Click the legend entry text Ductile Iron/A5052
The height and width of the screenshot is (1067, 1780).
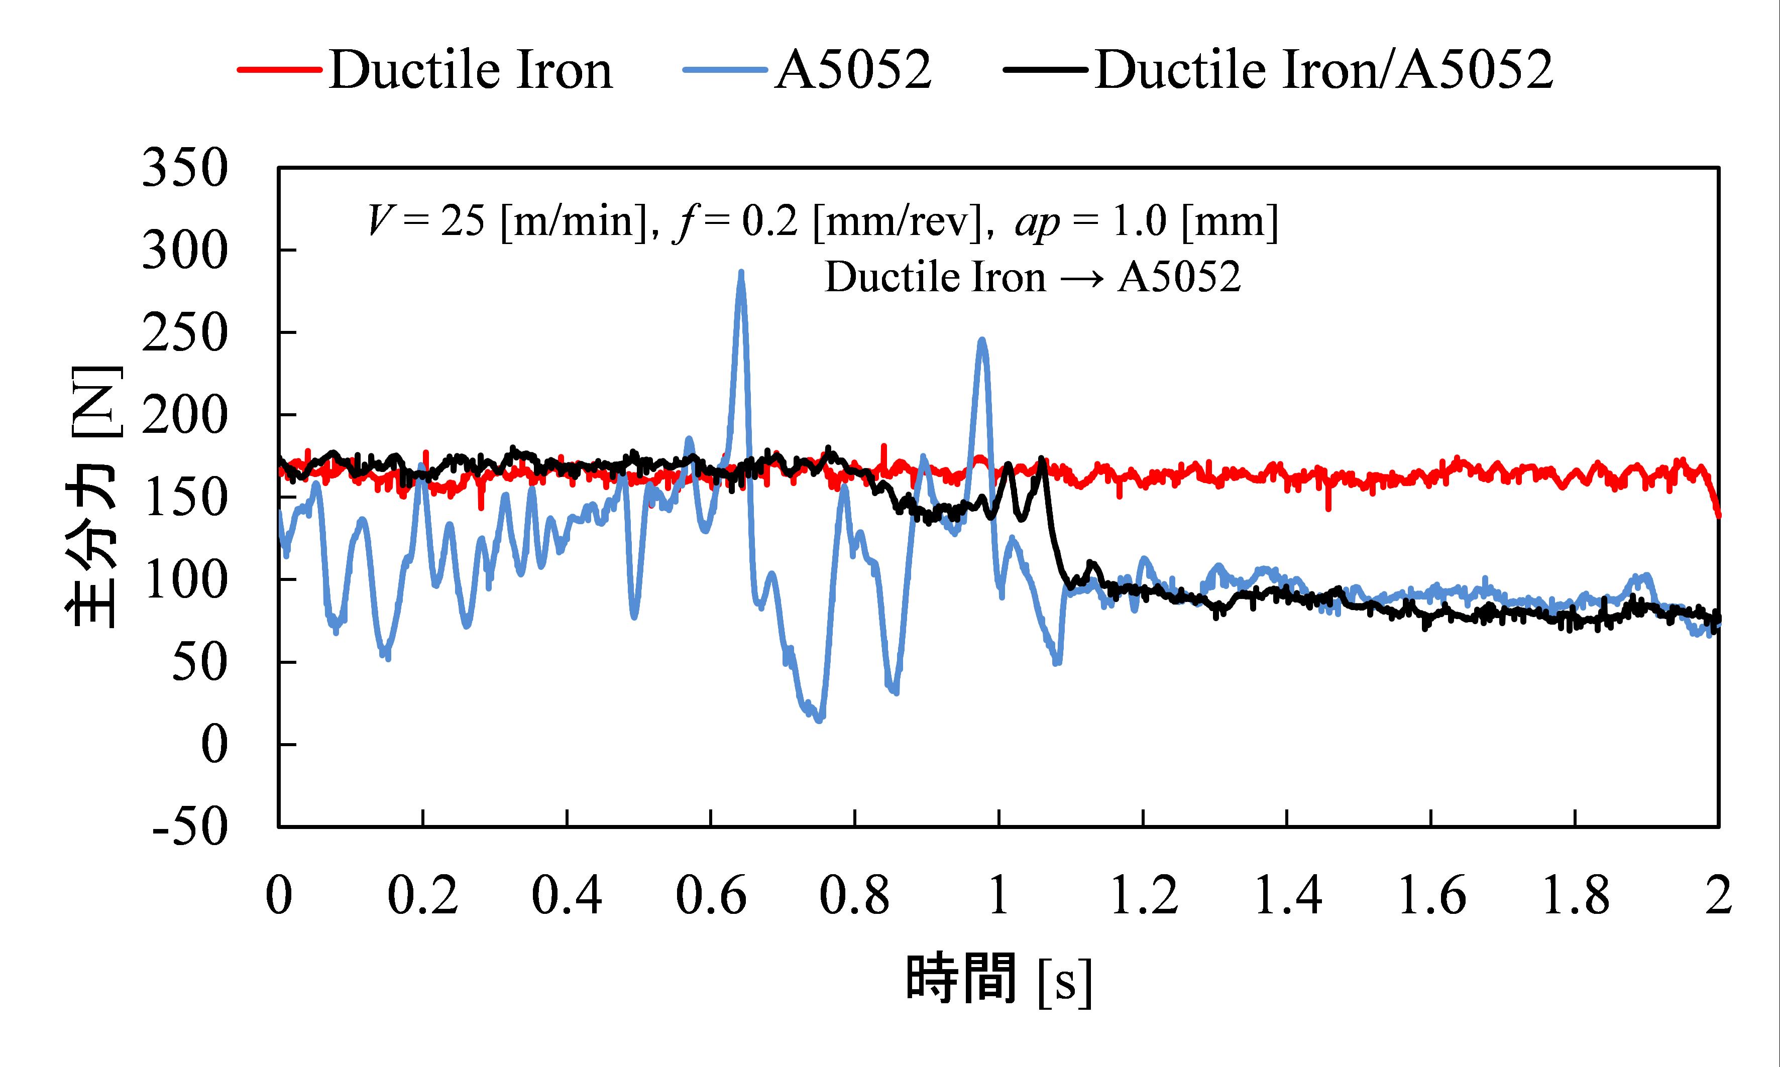point(1324,70)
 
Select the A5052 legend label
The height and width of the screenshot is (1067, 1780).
point(853,70)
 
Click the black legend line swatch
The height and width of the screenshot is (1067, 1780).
point(1046,70)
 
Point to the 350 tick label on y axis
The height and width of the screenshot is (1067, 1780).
point(185,169)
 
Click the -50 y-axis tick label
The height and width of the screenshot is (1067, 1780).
point(190,827)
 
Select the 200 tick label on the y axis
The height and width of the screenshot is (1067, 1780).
point(185,416)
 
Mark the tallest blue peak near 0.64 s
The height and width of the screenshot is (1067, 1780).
point(741,273)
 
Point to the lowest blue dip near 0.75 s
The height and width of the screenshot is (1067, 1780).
point(819,719)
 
